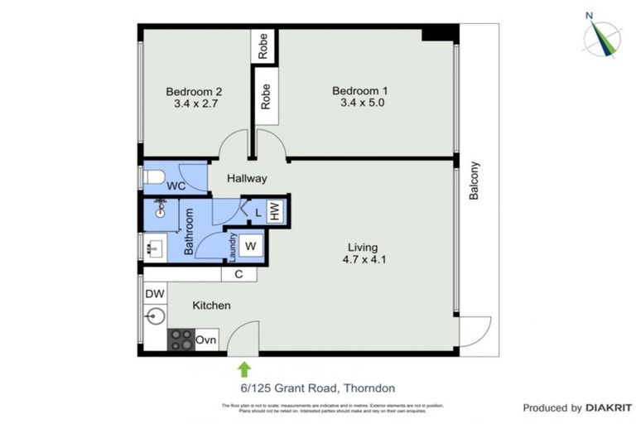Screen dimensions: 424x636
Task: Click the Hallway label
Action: click(248, 178)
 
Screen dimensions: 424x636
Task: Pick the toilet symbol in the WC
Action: click(155, 177)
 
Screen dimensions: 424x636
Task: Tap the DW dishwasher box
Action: click(155, 294)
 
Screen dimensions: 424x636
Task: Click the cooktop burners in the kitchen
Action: click(181, 340)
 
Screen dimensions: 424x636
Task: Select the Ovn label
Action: click(206, 340)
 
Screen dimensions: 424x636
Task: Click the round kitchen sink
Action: click(154, 316)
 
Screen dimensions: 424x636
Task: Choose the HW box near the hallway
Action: click(275, 211)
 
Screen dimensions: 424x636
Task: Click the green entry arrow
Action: click(244, 368)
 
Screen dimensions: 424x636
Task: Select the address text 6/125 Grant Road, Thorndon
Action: click(317, 388)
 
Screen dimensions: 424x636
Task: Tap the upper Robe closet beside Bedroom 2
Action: click(264, 46)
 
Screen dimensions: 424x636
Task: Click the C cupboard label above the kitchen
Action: click(238, 274)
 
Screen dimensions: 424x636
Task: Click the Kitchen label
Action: click(211, 306)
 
